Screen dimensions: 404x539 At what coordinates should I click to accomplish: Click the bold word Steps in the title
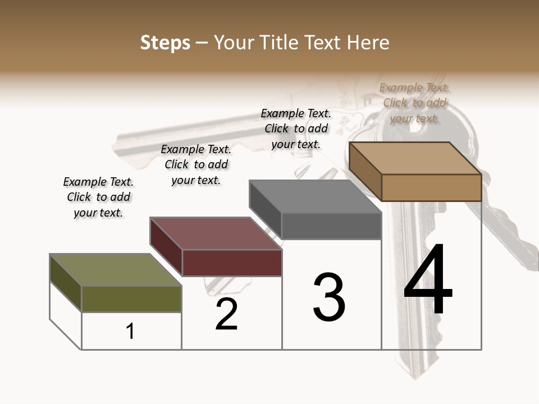tap(165, 43)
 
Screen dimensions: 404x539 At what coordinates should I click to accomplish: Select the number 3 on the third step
tap(329, 297)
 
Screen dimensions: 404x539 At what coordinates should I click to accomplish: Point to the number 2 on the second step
tap(226, 314)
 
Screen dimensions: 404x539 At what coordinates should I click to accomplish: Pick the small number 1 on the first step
tap(130, 331)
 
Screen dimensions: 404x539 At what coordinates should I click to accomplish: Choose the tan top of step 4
tap(415, 158)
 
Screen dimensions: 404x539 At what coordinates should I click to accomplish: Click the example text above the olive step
tap(98, 197)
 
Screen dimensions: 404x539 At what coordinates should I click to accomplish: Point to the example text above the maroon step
tap(196, 164)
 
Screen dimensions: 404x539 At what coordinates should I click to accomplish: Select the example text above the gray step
tap(296, 128)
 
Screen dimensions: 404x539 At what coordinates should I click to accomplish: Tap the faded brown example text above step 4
tap(414, 103)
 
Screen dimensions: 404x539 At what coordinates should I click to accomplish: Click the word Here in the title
tap(369, 43)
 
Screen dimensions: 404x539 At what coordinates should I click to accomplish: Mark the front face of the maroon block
tap(232, 263)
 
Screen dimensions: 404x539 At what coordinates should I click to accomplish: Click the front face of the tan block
tap(431, 187)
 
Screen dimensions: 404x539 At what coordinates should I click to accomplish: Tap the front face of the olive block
tap(132, 299)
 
